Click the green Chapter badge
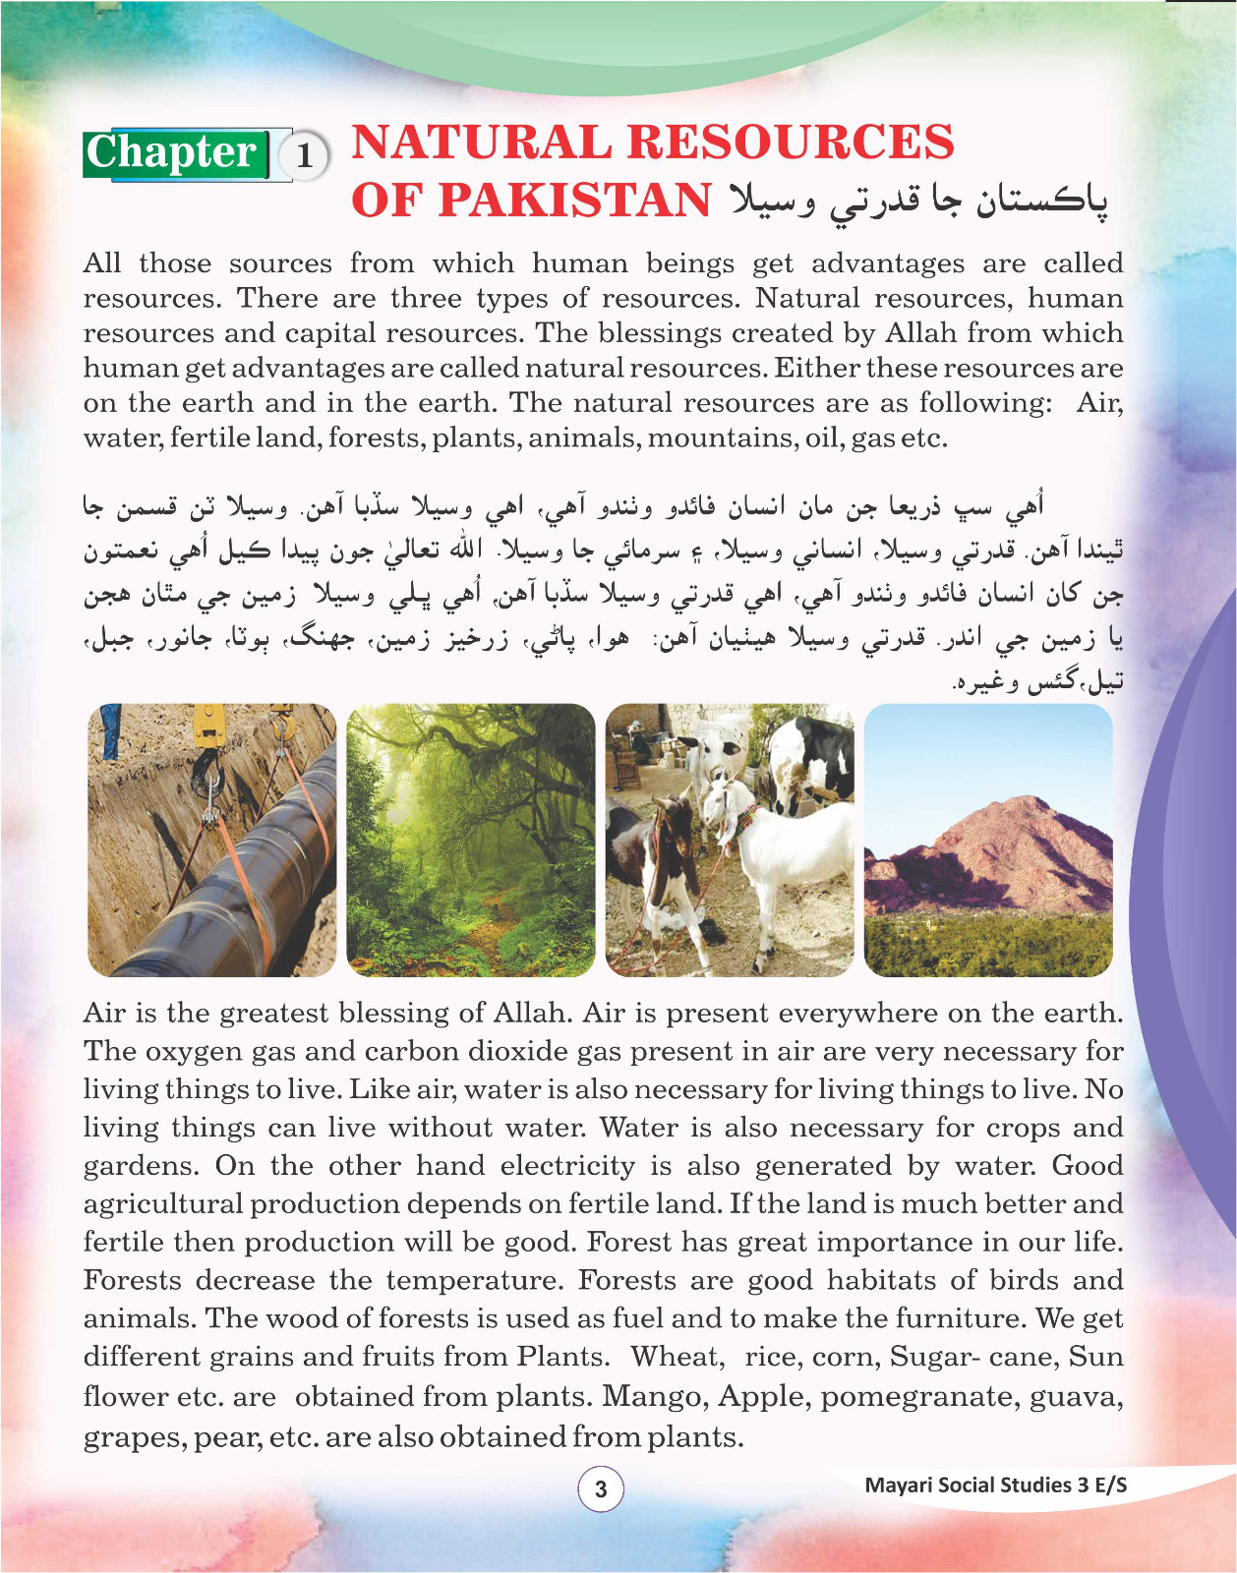175,153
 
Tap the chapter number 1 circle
305,155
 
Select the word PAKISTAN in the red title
574,201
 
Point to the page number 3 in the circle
601,1488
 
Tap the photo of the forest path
471,840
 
